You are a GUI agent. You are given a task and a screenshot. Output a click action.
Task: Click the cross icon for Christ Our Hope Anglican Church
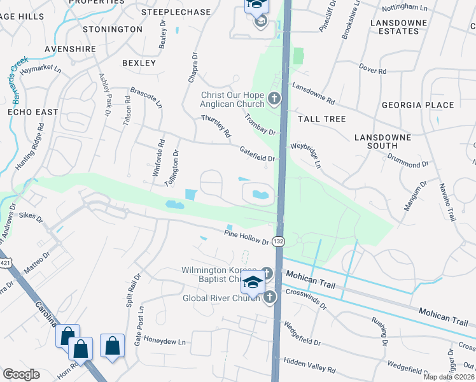click(x=274, y=99)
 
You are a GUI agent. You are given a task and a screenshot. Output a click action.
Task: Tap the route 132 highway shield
click(x=278, y=242)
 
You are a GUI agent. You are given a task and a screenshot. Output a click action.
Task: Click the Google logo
click(x=21, y=374)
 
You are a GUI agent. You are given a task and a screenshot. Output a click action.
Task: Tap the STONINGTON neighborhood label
click(x=112, y=29)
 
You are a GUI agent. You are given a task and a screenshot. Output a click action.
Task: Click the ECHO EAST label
click(x=32, y=112)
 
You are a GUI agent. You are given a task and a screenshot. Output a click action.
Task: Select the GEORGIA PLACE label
click(x=417, y=105)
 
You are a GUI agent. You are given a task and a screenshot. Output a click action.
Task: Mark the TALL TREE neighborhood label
click(x=321, y=119)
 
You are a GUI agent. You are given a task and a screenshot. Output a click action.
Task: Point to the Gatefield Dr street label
click(x=256, y=154)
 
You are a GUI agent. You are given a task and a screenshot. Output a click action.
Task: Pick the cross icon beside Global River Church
click(x=270, y=297)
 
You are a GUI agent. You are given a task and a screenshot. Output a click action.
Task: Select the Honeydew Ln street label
click(x=164, y=341)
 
